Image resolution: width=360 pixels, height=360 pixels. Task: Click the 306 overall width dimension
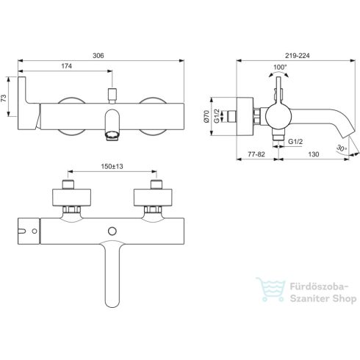[98, 56]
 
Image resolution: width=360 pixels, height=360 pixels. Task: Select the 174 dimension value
[66, 66]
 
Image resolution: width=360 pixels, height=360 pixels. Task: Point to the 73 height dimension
[4, 98]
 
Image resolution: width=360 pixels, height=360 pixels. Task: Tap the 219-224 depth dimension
[297, 56]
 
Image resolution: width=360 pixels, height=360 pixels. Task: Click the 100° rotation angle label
[280, 67]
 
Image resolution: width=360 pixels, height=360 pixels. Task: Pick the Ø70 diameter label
[206, 116]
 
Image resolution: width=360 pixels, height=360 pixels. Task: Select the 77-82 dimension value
[256, 154]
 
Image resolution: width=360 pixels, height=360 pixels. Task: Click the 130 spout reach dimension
[314, 154]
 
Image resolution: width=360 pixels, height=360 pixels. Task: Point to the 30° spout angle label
[342, 148]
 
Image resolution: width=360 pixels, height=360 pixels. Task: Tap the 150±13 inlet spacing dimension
[112, 167]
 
